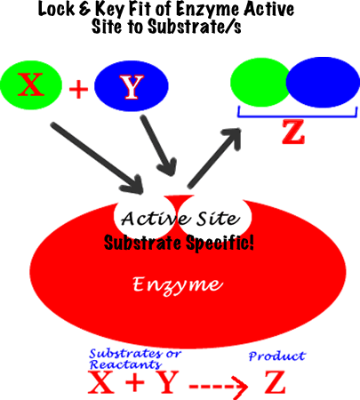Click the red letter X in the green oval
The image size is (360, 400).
[31, 84]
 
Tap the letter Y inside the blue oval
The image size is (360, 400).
[132, 86]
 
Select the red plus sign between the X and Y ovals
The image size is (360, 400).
[78, 89]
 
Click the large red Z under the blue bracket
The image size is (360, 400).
[293, 132]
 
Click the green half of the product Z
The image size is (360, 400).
[259, 83]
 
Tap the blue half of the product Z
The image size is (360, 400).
[323, 82]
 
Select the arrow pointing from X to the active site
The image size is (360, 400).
[97, 158]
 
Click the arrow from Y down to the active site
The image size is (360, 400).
[159, 146]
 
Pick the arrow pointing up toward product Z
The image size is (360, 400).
[214, 158]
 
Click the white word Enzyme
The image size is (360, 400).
[178, 285]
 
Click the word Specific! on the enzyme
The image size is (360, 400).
[220, 244]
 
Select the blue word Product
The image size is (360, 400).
[277, 356]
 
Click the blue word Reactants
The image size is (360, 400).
[126, 364]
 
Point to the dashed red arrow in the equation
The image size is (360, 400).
[219, 387]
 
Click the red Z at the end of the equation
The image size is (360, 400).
[275, 382]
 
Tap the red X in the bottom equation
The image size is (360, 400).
[101, 382]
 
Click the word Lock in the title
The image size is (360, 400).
[56, 9]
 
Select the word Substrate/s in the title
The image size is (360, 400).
[195, 26]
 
